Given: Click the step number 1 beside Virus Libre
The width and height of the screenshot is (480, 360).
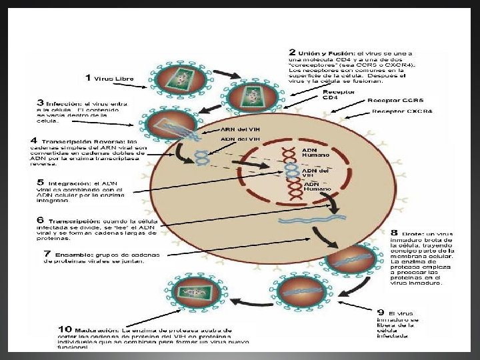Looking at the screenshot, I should (x=88, y=78).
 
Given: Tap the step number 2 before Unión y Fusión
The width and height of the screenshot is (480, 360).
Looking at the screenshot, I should (x=292, y=52).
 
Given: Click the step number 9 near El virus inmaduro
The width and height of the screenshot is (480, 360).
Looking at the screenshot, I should (x=381, y=313).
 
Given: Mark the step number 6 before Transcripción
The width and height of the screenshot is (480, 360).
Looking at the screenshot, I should (x=41, y=220).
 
